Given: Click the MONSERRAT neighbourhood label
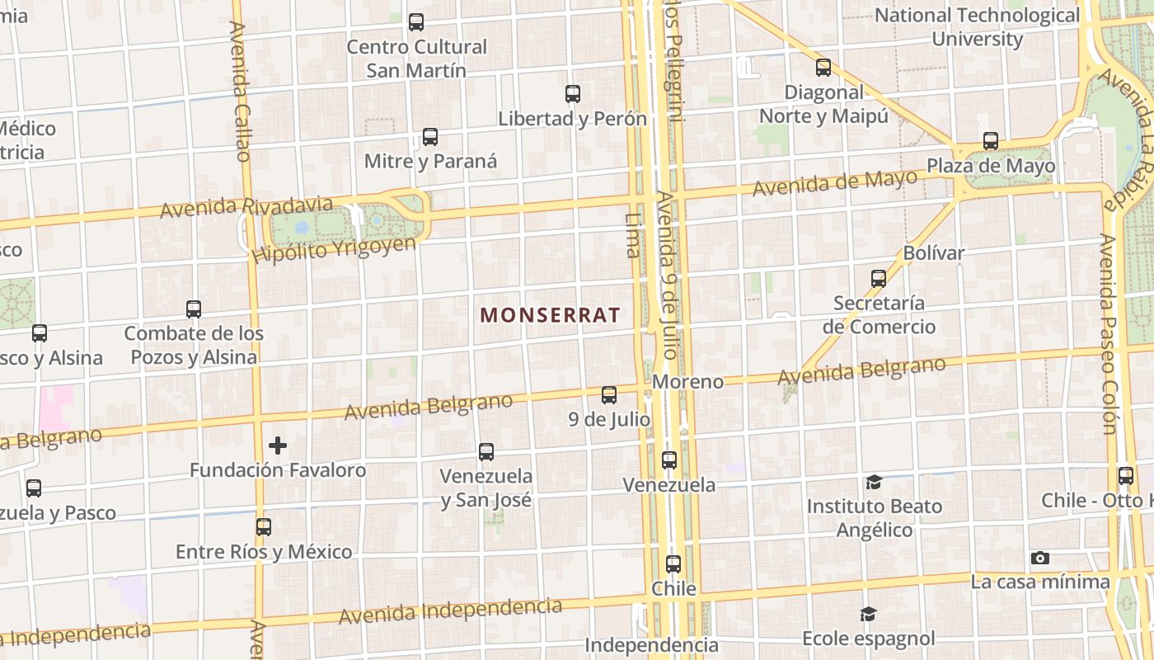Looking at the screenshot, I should point(550,315).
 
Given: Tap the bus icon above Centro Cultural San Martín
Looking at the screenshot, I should point(416,22).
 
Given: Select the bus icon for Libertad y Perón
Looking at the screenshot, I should point(573,94).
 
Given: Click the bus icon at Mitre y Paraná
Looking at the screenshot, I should point(429,137).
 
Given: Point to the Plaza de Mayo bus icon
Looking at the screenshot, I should point(991,141).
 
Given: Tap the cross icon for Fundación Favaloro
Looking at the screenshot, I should point(278,445).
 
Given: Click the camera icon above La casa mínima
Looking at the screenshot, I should point(1040,559).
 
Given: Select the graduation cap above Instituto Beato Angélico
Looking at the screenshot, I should point(874,482).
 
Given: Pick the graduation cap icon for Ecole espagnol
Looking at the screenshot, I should point(868,614).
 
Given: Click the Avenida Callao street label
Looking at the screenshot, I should point(240,91).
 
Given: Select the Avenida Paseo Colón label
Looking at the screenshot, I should point(1108,334).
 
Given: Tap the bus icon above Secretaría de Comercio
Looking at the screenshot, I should point(879,279).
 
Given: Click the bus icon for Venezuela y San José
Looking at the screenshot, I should point(486,452).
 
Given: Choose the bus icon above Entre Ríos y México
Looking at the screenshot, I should point(264,526).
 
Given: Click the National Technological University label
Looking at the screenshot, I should point(977,26).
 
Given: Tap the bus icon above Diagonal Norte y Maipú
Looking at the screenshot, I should point(823,68).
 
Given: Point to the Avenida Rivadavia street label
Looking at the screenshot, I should point(246,207).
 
